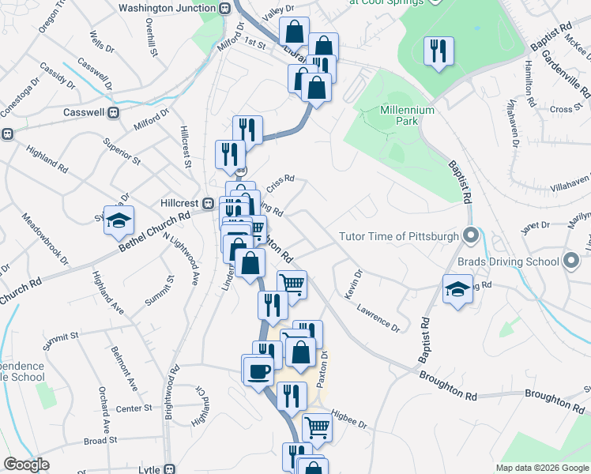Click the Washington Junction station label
click(x=167, y=8)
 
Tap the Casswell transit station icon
click(x=113, y=113)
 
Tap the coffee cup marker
click(x=257, y=370)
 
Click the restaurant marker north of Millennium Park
click(x=437, y=52)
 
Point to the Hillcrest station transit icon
click(x=209, y=203)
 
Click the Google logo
click(x=26, y=465)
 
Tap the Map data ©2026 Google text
click(x=541, y=468)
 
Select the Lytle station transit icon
click(x=167, y=468)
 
